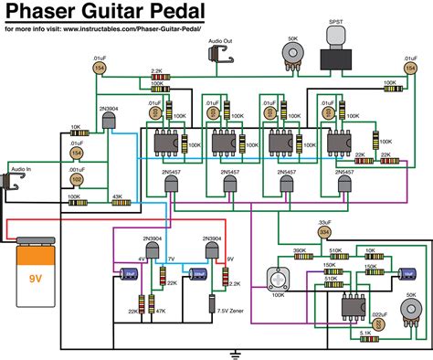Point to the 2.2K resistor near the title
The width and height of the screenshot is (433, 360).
(156, 77)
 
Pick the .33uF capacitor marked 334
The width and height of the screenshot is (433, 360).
(324, 232)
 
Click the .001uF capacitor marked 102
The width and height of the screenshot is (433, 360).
(77, 180)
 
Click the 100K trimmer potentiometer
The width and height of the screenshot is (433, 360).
(274, 279)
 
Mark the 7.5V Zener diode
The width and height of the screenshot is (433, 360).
(212, 305)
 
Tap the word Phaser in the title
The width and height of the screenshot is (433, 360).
(42, 12)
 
